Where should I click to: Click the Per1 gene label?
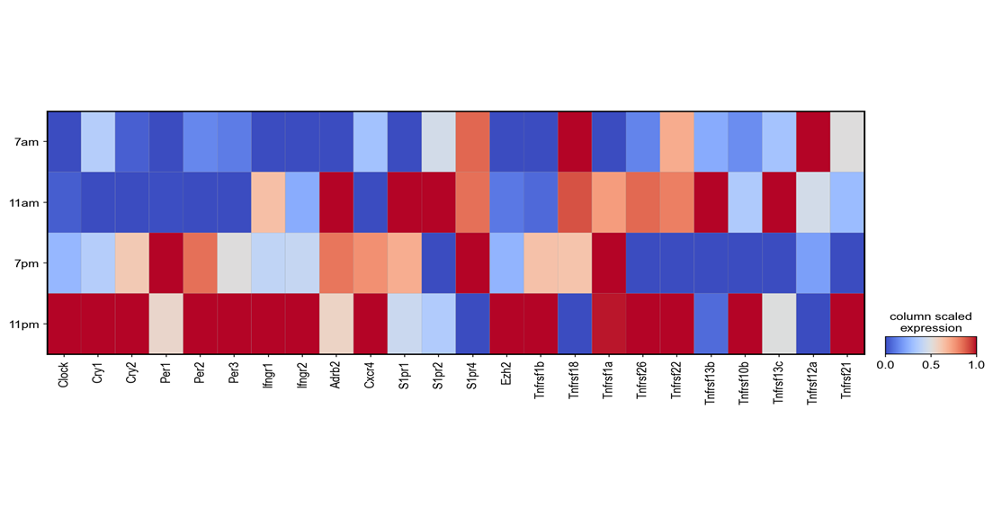coord(166,373)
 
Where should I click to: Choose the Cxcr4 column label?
coord(371,376)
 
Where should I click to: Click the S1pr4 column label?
coord(472,375)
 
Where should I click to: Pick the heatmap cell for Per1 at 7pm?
coord(166,263)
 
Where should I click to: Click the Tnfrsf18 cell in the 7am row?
coord(575,142)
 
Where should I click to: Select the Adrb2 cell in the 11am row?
coord(336,202)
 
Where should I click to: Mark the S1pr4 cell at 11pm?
coord(472,325)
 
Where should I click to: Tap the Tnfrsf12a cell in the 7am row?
coord(812,142)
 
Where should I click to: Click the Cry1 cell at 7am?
coord(98,142)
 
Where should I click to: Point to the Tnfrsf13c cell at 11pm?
coord(778,325)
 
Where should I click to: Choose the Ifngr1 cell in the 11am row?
coord(268,202)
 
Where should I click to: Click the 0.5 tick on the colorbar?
coord(931,365)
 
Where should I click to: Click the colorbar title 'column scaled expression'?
coord(931,323)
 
